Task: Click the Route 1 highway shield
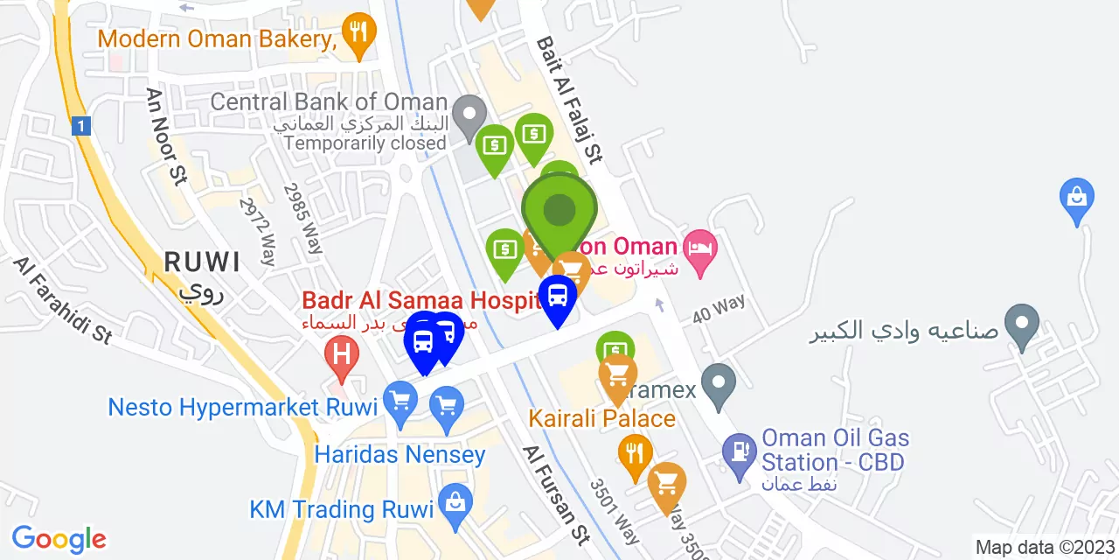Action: coord(81,127)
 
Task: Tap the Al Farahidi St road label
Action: coord(63,300)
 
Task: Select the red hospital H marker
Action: coord(341,355)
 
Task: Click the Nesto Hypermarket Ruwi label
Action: coord(242,407)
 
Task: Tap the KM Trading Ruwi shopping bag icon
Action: coord(455,502)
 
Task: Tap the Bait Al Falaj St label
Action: coord(570,100)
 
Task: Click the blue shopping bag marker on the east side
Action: coord(1076,197)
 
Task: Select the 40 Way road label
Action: coord(718,308)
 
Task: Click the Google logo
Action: coord(59,539)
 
